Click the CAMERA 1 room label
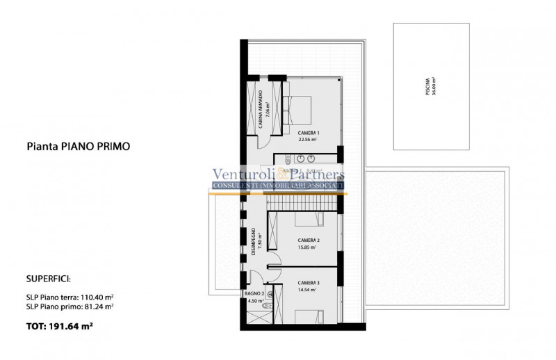[308, 133]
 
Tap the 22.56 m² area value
[308, 140]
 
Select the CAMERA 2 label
[308, 240]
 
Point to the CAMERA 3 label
[308, 283]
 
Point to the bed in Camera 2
[309, 220]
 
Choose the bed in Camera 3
[309, 316]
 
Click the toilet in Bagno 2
[271, 295]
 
